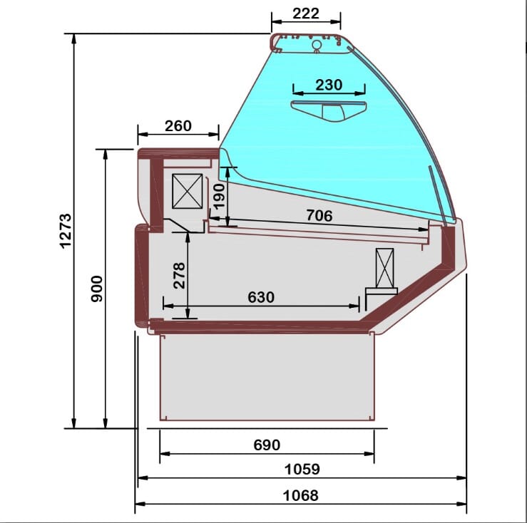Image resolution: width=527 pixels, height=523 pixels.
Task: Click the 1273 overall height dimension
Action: (66, 231)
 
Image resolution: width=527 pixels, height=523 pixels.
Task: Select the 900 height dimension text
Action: (97, 289)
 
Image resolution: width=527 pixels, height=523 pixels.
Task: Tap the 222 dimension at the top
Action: (305, 14)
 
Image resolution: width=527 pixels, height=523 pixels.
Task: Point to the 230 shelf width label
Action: (329, 85)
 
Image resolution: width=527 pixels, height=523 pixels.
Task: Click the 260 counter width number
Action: (178, 126)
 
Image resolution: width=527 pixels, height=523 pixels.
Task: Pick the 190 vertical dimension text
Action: (219, 197)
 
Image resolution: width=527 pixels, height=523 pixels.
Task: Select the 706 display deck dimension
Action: (319, 216)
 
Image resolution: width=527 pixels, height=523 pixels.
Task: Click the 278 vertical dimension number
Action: (179, 276)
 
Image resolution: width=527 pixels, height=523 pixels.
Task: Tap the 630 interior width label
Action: (261, 297)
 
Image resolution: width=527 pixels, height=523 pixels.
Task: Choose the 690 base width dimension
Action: (267, 445)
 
